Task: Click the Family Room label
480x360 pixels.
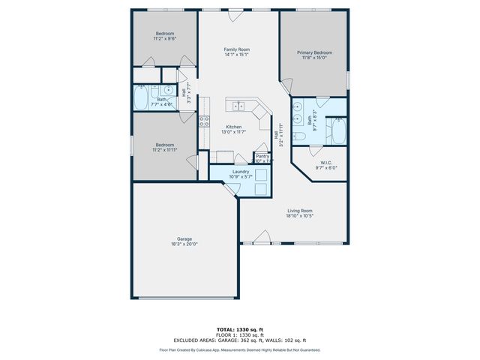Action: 236,49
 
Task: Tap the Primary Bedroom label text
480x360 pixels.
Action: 314,52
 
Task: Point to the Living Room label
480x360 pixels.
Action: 299,211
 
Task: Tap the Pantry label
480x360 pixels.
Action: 262,156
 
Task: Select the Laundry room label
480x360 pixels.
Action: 241,172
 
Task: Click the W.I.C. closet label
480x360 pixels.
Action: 326,163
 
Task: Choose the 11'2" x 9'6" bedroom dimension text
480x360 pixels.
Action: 165,40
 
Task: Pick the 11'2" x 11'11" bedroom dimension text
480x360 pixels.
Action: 165,150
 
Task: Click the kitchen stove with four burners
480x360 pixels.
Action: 204,121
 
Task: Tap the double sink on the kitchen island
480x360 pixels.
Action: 240,104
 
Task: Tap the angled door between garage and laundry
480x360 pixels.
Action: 231,190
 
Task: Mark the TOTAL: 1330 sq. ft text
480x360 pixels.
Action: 239,329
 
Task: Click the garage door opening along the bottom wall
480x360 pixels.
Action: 184,298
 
